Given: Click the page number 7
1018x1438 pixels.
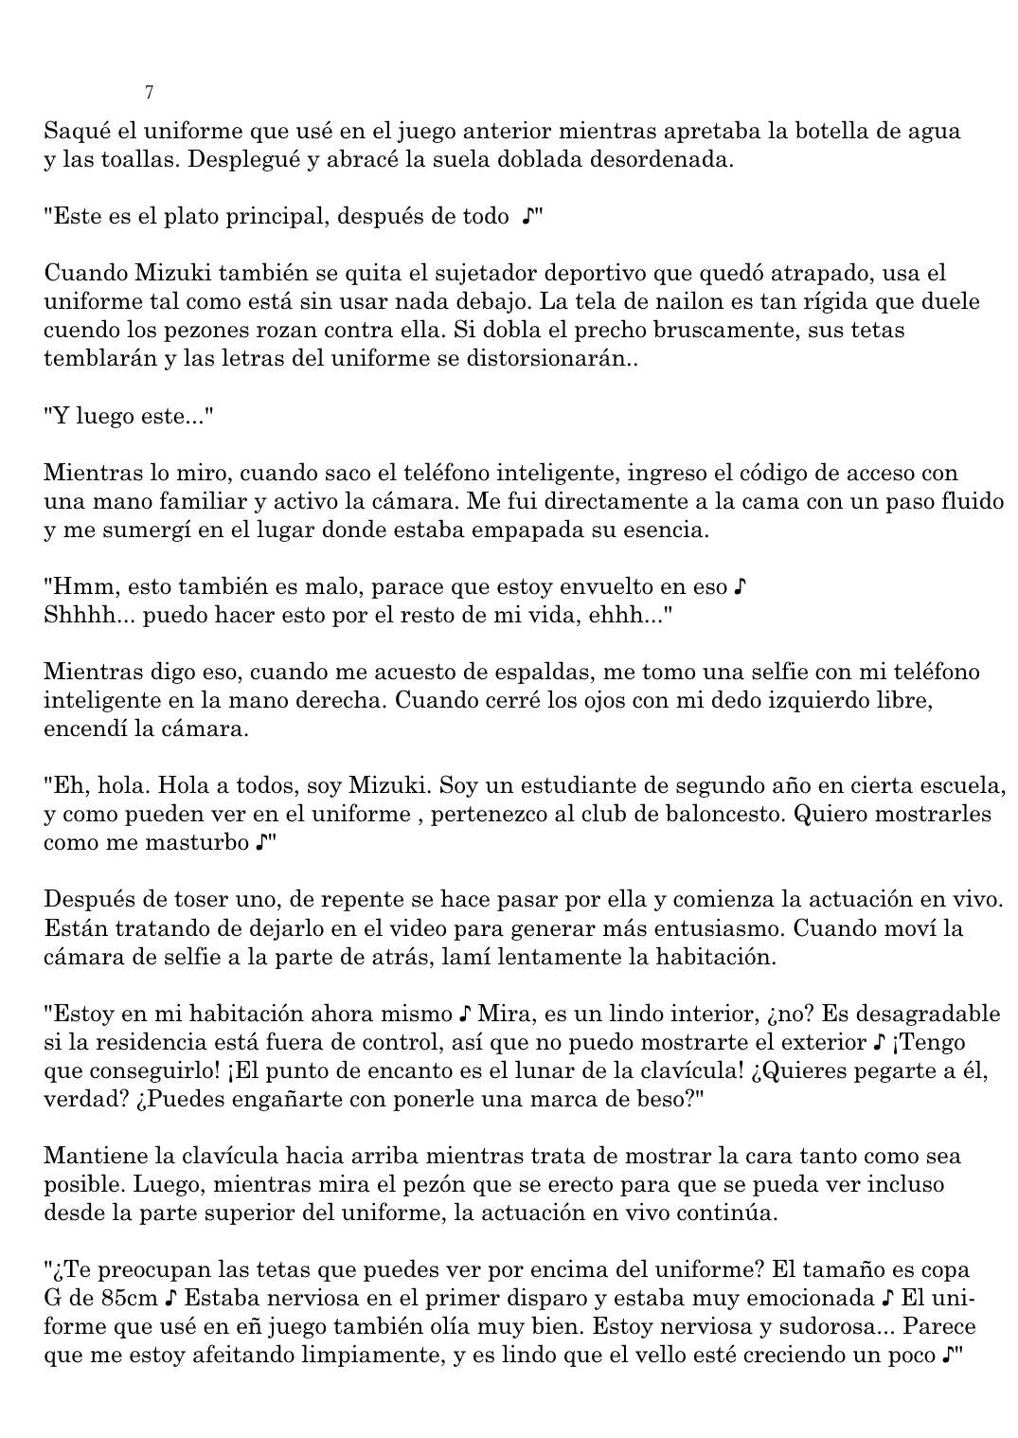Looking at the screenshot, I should pos(150,93).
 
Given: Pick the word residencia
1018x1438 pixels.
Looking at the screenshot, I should pos(130,1043).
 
